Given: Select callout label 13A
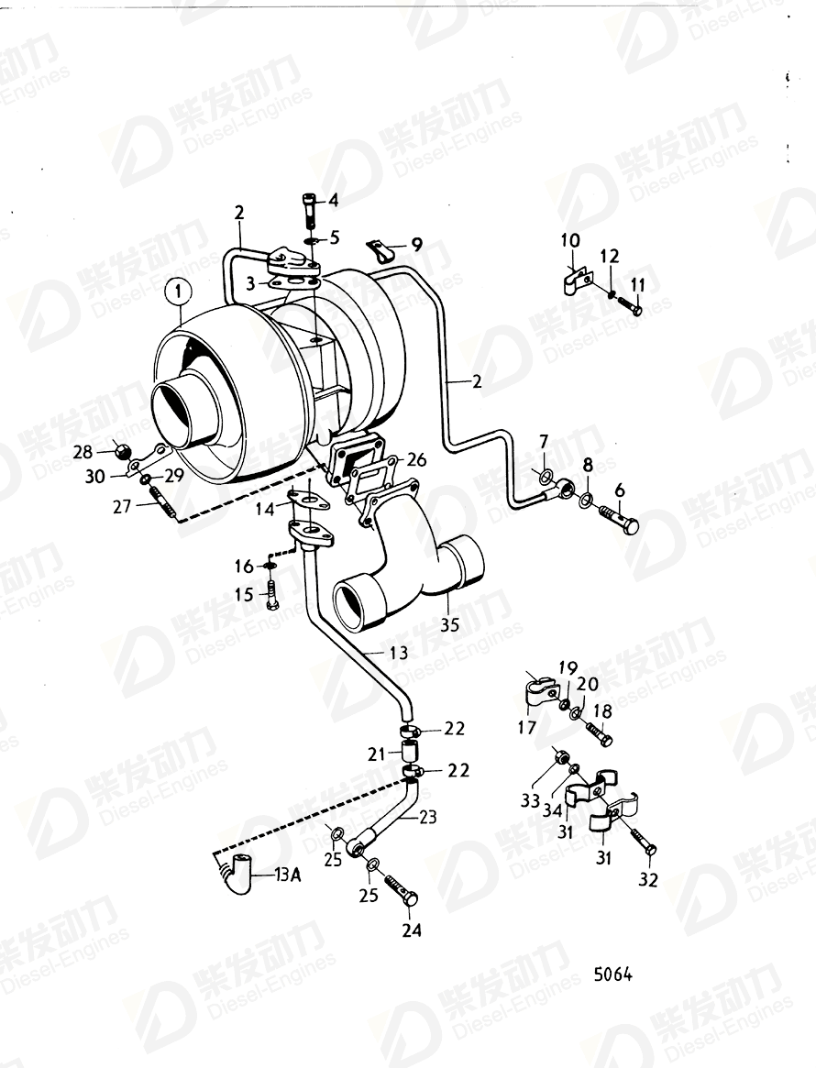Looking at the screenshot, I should [287, 875].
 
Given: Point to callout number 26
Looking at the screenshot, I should [417, 459].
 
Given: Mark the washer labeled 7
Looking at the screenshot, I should [545, 476].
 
